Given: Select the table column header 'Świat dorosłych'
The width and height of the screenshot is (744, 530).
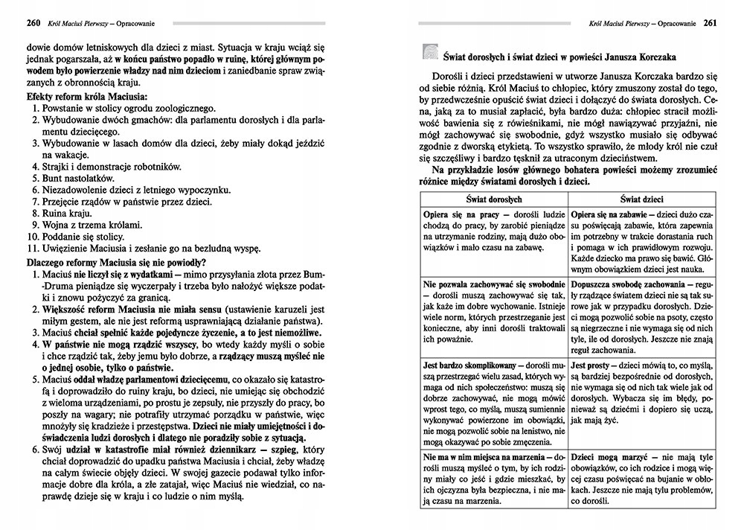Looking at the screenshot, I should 493,199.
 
